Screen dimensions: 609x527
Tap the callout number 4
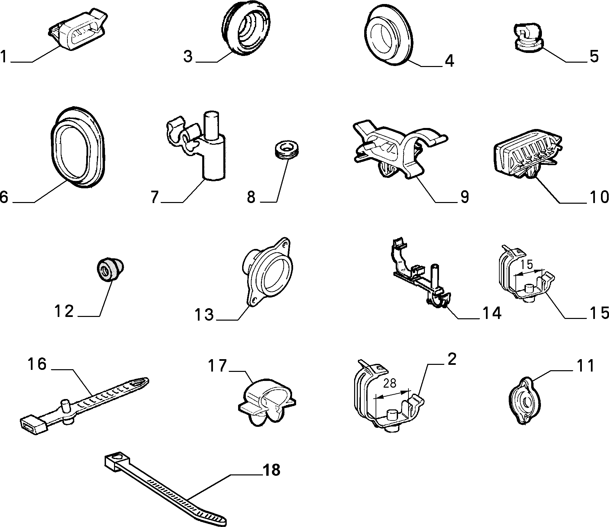[449, 61]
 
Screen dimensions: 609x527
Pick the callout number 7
[154, 197]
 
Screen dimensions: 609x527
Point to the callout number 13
[205, 315]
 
